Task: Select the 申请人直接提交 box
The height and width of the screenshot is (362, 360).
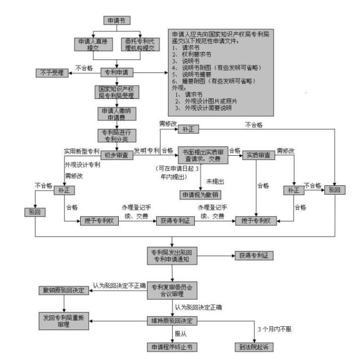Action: coord(93,44)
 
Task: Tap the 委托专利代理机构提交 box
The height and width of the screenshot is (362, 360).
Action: coord(140,44)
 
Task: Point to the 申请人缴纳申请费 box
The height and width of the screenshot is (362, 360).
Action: coord(116,113)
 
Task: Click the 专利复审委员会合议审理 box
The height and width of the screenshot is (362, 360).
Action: coord(172,290)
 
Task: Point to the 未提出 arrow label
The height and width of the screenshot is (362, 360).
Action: coord(214,181)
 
